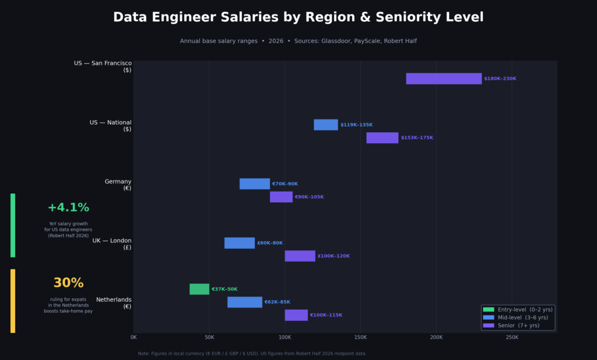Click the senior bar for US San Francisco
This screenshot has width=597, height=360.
(x=444, y=79)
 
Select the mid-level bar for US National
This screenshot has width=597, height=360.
(x=326, y=125)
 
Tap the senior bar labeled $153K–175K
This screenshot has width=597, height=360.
(x=382, y=138)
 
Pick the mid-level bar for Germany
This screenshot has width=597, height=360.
(x=255, y=184)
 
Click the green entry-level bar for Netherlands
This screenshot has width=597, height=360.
(x=199, y=290)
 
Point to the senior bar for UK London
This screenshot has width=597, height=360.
(x=300, y=256)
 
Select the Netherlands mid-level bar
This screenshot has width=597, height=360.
(x=245, y=302)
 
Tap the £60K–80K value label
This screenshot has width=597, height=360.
(x=270, y=243)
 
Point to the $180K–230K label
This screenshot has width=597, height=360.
(x=500, y=79)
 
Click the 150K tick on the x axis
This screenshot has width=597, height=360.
(x=360, y=337)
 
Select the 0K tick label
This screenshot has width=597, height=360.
(x=134, y=337)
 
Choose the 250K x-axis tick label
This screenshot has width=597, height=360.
(x=511, y=337)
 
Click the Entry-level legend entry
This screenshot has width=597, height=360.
(x=518, y=309)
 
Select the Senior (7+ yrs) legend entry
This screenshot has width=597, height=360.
(x=518, y=326)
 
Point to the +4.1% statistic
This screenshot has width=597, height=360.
(x=68, y=208)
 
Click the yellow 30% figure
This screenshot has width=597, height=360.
(x=68, y=283)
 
